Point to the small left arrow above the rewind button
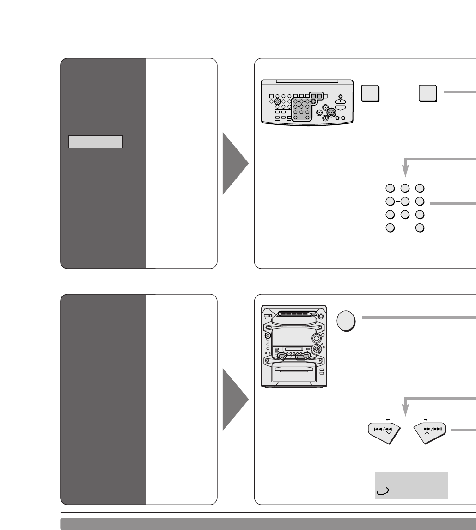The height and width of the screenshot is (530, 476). pos(387,419)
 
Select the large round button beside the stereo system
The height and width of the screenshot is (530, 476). pos(346,320)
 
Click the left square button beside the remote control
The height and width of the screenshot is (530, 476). pos(371,94)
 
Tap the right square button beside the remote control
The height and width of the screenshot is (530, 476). pos(428,94)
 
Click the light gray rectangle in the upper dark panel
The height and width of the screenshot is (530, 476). pos(95,142)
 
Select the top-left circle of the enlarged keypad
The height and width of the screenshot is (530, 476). pos(390,188)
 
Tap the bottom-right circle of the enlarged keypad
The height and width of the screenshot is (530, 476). pos(420,228)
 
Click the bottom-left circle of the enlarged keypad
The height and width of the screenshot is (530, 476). pos(390,228)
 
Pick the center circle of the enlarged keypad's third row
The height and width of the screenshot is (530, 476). pos(405,215)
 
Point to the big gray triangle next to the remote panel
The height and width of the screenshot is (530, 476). pos(236,163)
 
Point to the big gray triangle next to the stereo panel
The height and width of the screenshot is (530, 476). pos(236,399)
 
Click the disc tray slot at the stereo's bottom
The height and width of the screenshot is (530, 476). pos(294,370)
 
